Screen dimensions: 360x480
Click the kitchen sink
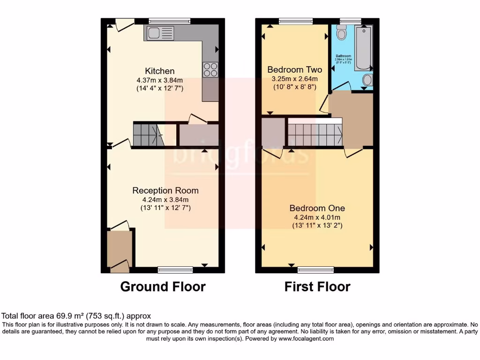tap(160, 33)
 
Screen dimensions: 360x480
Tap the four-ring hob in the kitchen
tap(210, 69)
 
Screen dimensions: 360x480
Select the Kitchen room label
tap(159, 71)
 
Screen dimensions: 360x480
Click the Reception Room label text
tap(165, 190)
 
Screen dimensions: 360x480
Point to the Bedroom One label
tap(317, 208)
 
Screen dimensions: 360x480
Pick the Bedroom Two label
tap(295, 70)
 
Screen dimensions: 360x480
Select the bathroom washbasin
tap(367, 80)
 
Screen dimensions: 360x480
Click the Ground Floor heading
tap(163, 286)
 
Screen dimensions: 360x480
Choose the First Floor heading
tap(317, 286)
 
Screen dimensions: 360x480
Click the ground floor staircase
tap(147, 135)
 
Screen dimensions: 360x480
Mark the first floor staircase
tap(315, 135)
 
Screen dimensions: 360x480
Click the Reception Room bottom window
tap(175, 270)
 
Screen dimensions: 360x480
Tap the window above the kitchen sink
tap(169, 21)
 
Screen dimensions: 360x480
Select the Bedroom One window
tap(316, 270)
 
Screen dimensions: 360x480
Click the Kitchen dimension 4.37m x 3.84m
tap(159, 80)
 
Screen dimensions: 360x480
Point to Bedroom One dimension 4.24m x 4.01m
tap(317, 217)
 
